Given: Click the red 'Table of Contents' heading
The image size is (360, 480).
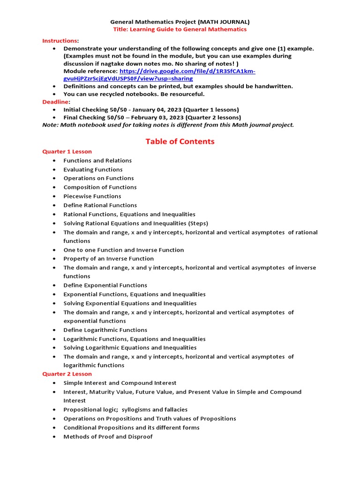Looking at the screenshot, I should pos(180,142).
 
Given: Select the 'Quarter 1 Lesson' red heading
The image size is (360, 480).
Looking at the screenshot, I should pos(67,151).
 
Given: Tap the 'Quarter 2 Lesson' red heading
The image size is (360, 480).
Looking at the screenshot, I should pos(67,374).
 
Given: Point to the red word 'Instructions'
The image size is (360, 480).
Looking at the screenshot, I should pos(60,41).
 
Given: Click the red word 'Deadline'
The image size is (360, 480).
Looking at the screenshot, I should pos(55,102).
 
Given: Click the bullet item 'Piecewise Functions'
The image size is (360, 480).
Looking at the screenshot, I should pos(92,196).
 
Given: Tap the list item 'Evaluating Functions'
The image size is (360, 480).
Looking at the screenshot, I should pos(93,170).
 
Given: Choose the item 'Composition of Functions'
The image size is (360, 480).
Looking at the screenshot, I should pos(100,187).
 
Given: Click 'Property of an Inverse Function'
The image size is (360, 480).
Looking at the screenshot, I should pos(109,259).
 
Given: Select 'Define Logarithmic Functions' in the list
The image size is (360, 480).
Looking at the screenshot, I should pos(105,330).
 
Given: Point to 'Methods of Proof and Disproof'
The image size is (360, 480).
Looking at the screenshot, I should pos(108,437).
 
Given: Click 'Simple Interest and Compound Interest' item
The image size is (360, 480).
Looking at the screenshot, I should pos(120,383).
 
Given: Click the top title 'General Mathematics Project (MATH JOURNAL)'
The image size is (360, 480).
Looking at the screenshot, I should pos(180,22).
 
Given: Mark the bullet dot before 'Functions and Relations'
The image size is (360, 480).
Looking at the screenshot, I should pos(55,161).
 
